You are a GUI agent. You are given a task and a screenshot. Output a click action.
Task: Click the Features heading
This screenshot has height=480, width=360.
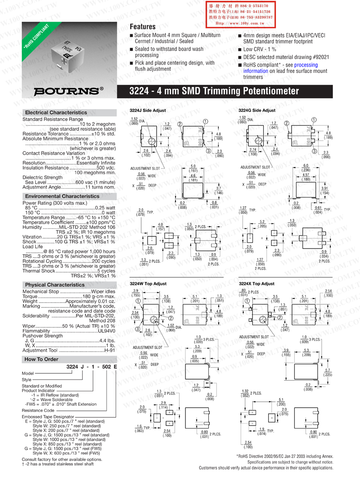(x=142, y=27)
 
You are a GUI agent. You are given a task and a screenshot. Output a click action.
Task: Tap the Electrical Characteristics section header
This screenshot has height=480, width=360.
(x=56, y=112)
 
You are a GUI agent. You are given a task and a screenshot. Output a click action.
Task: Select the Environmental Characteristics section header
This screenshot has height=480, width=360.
(x=62, y=196)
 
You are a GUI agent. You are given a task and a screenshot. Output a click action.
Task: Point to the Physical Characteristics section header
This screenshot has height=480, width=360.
(x=54, y=285)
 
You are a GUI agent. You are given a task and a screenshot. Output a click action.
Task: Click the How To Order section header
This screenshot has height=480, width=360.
(x=41, y=359)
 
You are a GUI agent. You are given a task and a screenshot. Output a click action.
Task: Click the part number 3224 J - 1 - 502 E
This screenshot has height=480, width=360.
(x=91, y=367)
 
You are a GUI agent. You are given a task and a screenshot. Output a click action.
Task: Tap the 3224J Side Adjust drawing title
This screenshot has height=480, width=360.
(x=148, y=110)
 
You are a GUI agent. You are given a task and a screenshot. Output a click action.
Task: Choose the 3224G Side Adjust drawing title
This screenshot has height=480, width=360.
(x=256, y=110)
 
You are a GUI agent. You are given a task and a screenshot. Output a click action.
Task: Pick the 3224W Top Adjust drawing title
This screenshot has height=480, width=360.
(x=148, y=284)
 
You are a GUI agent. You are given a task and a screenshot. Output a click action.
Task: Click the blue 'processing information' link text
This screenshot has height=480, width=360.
(x=279, y=68)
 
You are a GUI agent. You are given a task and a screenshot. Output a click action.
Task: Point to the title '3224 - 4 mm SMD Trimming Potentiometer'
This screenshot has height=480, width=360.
(x=214, y=91)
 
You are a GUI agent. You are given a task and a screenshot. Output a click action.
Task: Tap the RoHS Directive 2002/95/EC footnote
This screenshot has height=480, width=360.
(x=284, y=456)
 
